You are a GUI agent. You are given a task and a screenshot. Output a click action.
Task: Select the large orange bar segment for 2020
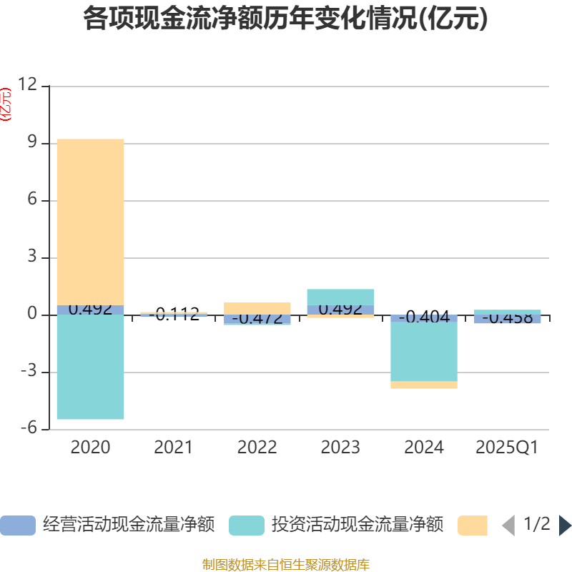(x=91, y=222)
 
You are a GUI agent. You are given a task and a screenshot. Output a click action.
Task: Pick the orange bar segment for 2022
(x=257, y=307)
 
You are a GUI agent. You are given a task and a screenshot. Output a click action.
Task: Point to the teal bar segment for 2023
(x=340, y=296)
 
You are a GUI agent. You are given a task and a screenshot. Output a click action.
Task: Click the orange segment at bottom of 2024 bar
(x=424, y=385)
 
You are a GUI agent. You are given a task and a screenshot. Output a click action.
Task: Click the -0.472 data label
(x=257, y=319)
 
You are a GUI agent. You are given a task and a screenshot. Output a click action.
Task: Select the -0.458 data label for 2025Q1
(x=507, y=318)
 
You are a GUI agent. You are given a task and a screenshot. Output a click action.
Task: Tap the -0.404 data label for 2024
(x=424, y=317)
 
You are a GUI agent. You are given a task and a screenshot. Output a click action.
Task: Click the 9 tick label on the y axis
(x=31, y=143)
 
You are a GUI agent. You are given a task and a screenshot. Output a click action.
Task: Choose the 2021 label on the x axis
(x=174, y=448)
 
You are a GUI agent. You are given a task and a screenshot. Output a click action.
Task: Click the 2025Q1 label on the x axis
(x=507, y=448)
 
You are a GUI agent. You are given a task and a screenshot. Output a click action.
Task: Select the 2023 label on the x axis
(x=340, y=448)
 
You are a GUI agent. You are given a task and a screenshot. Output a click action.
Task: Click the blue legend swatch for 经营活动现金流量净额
(x=18, y=526)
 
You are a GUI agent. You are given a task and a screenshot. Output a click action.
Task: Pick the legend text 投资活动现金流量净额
(x=357, y=526)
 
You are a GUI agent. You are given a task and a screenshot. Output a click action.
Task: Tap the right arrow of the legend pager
(x=565, y=526)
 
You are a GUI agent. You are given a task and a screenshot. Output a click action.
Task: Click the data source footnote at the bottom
(x=286, y=565)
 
